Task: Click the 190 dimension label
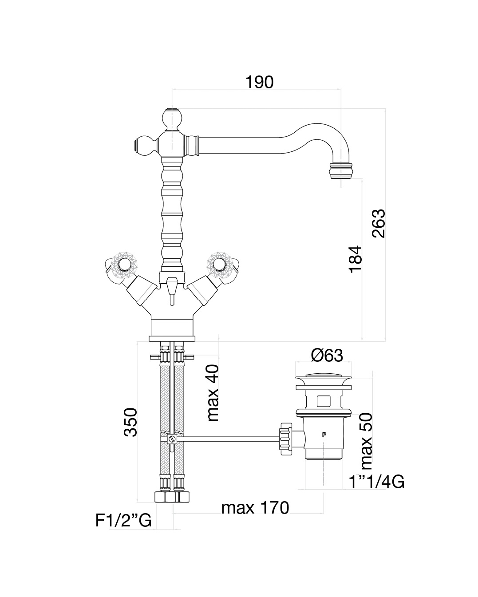260,82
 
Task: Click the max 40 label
213,393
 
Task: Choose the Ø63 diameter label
327,355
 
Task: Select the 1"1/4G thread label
376,481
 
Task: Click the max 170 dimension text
255,507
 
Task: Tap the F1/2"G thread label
123,520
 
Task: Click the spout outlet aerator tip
342,170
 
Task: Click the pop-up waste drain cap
323,380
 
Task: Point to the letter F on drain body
324,435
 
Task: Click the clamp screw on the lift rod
172,439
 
